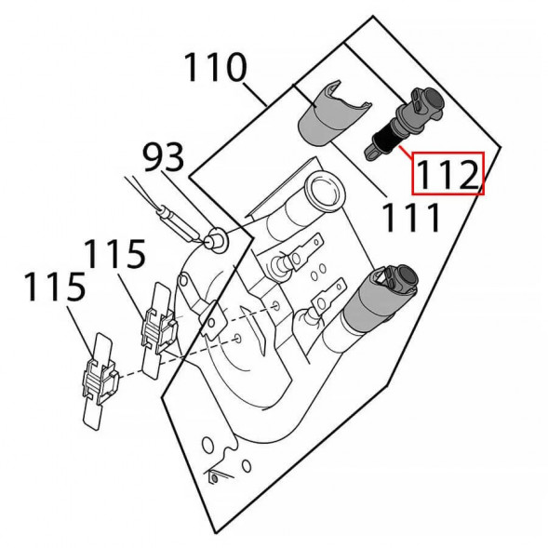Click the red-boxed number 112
[448, 173]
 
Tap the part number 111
[409, 219]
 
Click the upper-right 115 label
[115, 254]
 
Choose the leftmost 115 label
[55, 287]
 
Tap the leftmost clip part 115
[99, 382]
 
